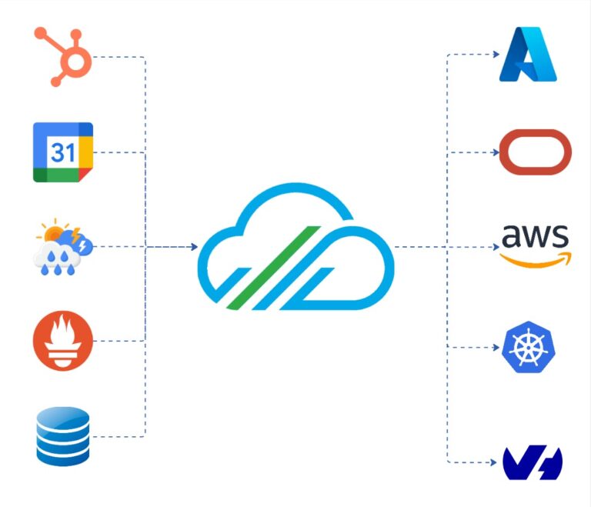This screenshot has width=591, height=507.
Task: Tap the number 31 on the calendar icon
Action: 62,152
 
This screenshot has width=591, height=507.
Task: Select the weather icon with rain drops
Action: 63,246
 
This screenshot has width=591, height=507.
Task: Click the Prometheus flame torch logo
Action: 63,341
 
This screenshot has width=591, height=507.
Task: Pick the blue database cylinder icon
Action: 63,436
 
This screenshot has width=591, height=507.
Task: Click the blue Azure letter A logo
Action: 528,55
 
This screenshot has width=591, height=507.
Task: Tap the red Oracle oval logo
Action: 536,152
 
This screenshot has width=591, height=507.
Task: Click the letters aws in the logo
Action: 536,236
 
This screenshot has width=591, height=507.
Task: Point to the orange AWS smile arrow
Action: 536,260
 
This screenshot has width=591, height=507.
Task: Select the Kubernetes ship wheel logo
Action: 529,347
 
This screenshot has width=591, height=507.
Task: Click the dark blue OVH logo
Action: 533,462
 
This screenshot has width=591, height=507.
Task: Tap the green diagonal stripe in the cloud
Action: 274,268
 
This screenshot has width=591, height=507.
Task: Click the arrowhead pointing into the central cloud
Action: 194,247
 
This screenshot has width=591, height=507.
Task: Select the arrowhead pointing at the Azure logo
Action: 496,55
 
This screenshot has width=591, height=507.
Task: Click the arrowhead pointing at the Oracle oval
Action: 496,152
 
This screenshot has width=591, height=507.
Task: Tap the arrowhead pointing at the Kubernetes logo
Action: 496,347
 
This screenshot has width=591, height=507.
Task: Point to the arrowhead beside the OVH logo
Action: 493,462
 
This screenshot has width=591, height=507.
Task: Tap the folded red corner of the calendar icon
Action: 86,175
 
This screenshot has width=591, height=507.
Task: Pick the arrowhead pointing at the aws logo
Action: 496,247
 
